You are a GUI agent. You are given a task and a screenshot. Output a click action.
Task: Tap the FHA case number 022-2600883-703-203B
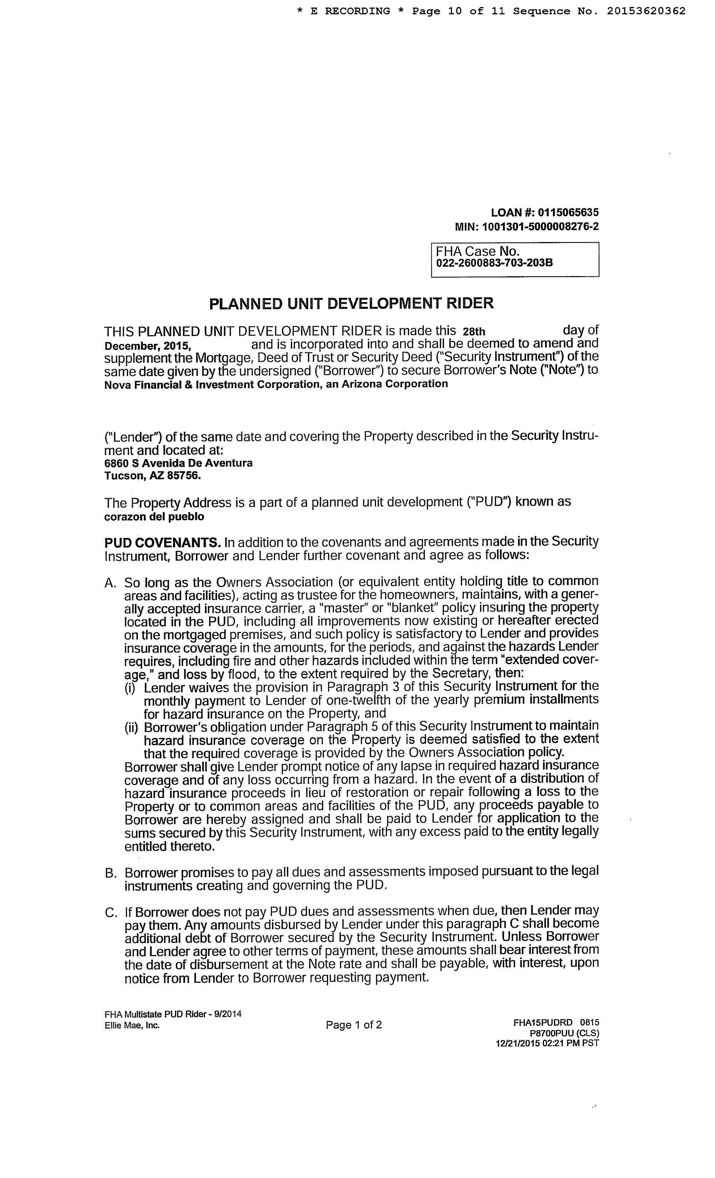[494, 263]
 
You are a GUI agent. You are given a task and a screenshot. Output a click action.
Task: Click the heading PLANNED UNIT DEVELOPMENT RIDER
[351, 303]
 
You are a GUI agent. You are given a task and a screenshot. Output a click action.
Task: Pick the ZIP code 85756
[184, 476]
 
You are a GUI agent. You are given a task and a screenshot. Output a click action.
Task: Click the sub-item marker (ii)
[131, 728]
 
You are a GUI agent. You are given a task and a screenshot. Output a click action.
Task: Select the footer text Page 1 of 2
[354, 1025]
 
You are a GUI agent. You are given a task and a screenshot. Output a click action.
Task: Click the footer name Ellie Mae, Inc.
[132, 1025]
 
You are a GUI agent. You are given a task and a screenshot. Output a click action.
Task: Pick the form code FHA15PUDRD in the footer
[543, 1023]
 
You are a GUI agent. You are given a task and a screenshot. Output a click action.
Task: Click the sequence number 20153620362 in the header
[646, 11]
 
